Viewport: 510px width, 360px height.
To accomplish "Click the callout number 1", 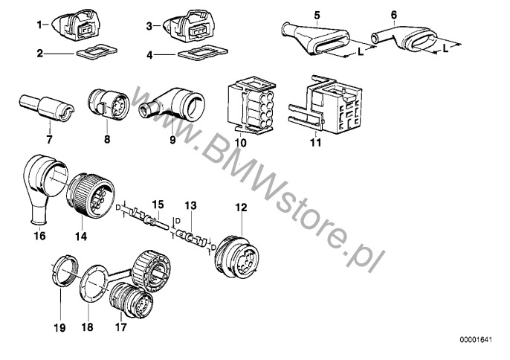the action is coord(39,25).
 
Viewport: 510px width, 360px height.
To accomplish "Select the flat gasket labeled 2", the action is coord(97,51).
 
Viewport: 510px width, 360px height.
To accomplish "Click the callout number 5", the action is coord(317,15).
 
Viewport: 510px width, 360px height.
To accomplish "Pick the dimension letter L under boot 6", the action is coord(445,49).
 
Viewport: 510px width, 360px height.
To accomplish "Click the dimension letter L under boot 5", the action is coord(361,52).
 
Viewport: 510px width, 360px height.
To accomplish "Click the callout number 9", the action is coord(172,140).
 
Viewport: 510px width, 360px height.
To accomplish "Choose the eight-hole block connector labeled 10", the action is coord(252,105).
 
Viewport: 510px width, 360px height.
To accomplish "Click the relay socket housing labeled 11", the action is coord(326,104).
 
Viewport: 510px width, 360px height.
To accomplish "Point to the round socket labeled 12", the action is coord(237,258).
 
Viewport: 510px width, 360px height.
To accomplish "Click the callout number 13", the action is coord(191,206).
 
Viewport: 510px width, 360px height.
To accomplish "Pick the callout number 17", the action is coord(120,327).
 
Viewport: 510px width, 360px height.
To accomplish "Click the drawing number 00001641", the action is coord(476,340).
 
